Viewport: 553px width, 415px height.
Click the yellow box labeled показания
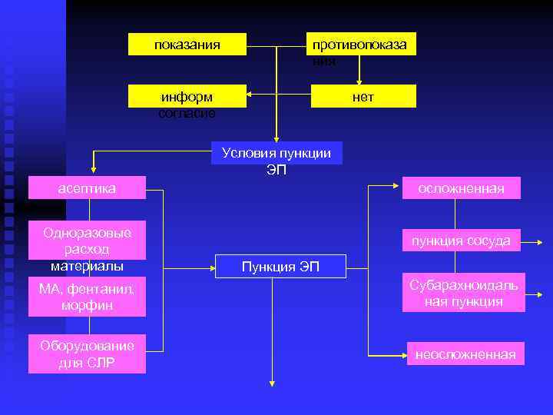(187, 45)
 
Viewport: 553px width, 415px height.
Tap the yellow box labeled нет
(363, 96)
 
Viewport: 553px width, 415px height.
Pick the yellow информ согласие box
(187, 96)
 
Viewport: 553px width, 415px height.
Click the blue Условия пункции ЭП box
(276, 153)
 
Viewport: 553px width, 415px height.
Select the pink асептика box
(87, 188)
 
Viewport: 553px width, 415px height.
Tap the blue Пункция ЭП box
(280, 266)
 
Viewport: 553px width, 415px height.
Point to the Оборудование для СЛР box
(87, 354)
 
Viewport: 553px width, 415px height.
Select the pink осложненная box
(462, 188)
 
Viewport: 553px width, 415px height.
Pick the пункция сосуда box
(462, 241)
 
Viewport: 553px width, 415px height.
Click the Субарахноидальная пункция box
(464, 293)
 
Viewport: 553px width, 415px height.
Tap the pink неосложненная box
(465, 354)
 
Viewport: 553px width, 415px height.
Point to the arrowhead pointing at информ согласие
(251, 97)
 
